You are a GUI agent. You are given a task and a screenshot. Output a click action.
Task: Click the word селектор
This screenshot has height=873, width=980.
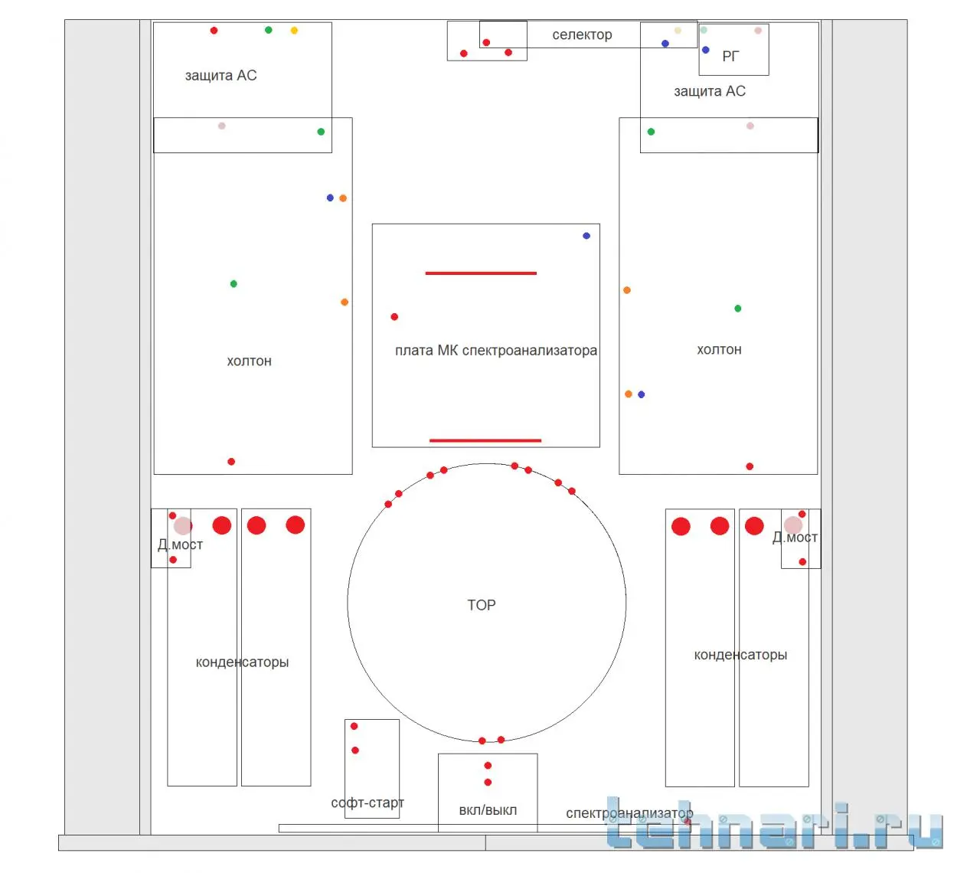pos(582,34)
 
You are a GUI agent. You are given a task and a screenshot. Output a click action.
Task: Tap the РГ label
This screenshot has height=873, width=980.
pos(730,57)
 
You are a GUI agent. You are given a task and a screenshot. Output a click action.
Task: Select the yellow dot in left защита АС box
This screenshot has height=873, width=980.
pos(294,31)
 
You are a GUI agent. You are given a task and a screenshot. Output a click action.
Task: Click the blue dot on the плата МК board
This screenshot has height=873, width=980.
pos(586,236)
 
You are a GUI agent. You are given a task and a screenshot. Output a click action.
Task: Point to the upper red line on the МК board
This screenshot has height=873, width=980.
pos(481,273)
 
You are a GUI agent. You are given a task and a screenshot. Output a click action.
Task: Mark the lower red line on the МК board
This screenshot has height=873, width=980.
pos(485,440)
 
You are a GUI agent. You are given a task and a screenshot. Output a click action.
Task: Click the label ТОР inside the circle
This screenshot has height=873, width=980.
pos(482,605)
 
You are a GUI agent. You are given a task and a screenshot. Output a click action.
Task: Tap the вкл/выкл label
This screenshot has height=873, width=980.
pos(488,810)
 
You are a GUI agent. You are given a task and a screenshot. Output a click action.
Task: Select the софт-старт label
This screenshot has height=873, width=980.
pos(367,803)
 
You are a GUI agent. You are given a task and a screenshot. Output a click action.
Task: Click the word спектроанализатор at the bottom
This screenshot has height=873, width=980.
pos(629,813)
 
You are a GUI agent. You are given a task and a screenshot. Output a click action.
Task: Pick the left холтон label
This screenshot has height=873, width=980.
pos(249,361)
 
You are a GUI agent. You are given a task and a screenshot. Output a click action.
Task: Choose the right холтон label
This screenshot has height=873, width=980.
pos(719,349)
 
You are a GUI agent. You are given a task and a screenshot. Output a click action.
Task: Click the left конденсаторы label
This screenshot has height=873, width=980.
pos(242,662)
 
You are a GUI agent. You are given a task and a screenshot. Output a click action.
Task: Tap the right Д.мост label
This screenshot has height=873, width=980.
pos(795,537)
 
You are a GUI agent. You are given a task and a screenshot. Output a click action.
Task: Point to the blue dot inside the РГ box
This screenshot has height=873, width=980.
pos(705,50)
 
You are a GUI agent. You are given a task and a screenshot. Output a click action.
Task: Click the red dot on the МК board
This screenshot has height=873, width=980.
pos(394,317)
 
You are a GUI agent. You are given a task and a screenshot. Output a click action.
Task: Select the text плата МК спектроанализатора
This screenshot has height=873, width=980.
pos(496,351)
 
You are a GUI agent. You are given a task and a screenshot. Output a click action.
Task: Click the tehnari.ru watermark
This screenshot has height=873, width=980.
pos(774,825)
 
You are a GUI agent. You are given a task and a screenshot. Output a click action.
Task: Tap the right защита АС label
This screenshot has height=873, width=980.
pos(710,91)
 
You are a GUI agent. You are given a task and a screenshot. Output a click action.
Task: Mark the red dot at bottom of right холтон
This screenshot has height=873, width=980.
pos(750,466)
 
